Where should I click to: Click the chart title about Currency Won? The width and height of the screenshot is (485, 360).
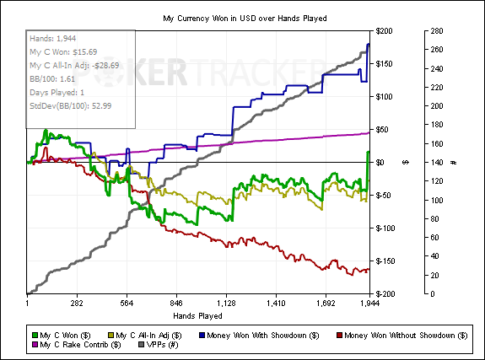245,19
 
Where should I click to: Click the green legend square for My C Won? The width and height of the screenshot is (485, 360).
35,336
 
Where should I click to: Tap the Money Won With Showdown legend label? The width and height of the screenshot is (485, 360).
262,336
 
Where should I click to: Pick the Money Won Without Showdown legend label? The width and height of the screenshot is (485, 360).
406,336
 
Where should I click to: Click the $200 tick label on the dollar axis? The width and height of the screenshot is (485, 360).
384,31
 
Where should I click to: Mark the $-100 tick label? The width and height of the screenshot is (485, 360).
384,228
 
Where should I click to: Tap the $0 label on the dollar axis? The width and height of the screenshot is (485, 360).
380,163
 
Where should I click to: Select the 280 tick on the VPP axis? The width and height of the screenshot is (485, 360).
437,31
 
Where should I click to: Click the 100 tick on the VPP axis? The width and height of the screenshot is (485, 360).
437,200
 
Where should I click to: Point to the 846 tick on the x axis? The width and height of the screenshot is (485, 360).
176,304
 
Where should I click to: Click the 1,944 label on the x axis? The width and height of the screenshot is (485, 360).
369,304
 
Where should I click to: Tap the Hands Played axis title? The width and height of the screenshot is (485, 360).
197,316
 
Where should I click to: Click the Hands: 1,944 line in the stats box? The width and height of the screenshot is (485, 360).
53,38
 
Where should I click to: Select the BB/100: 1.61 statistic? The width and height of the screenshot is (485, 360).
52,79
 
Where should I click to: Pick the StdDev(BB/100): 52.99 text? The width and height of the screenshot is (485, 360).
71,105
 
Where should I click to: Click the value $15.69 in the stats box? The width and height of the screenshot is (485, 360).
84,52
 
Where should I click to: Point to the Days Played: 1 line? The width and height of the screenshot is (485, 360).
57,93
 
